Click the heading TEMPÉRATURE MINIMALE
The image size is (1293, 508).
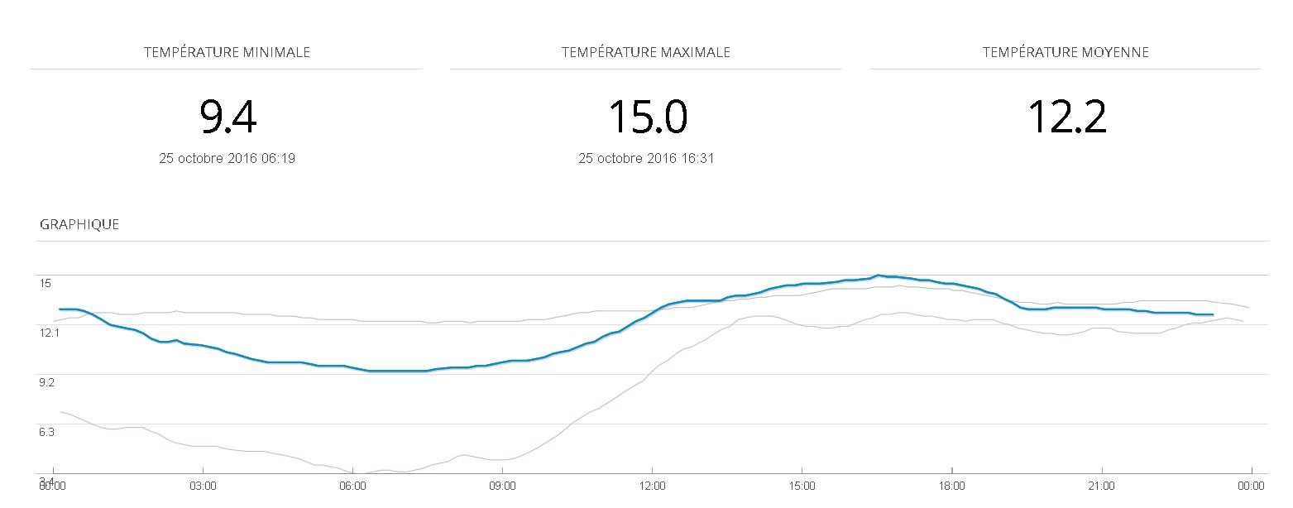(x=227, y=52)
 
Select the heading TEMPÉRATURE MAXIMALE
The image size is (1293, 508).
(x=645, y=52)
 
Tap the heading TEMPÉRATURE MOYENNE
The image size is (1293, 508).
(x=1066, y=52)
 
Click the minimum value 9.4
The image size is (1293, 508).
(x=227, y=117)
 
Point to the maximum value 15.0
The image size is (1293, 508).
(x=647, y=117)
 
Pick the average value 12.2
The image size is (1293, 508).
(x=1066, y=117)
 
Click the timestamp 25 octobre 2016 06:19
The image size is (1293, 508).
(x=227, y=158)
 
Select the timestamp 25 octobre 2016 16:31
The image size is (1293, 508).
(x=646, y=158)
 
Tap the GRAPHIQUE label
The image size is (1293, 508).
(x=79, y=224)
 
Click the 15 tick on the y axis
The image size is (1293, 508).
(x=45, y=283)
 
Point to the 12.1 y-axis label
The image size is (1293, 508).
(x=49, y=333)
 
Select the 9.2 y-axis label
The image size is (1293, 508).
(x=48, y=382)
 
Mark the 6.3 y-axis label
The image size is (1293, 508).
(x=48, y=432)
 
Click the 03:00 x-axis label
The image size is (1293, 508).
(x=203, y=486)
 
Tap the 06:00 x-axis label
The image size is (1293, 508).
(x=352, y=486)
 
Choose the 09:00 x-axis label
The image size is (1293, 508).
(x=502, y=486)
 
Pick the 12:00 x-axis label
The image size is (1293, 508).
(x=652, y=486)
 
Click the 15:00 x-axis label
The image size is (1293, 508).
(x=802, y=486)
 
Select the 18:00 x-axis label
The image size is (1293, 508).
(x=951, y=486)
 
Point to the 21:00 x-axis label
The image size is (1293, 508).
(x=1101, y=486)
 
